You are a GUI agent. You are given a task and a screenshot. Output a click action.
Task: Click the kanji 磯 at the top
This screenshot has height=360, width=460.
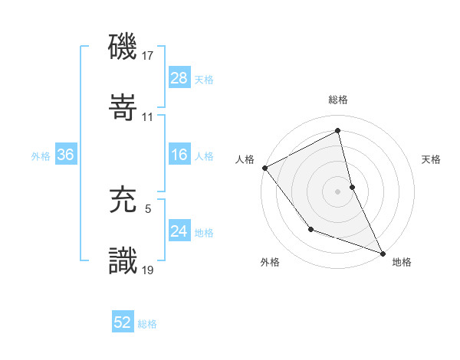point(123,48)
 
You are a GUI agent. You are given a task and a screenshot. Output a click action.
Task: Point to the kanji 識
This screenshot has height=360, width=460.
point(123,260)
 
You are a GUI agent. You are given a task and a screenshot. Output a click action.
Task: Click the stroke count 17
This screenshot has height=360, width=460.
point(148,56)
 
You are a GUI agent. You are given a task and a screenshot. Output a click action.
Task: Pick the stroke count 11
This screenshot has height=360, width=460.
point(148,116)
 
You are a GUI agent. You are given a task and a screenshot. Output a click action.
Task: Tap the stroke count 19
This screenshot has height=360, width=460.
point(148,269)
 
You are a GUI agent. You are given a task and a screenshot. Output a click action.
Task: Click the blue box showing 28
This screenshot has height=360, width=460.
point(179,78)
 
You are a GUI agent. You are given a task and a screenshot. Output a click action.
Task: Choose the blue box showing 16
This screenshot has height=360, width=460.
point(179,155)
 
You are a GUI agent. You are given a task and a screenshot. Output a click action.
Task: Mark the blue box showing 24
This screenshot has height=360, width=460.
point(179,231)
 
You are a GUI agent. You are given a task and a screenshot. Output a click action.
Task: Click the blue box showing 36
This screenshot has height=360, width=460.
point(65,155)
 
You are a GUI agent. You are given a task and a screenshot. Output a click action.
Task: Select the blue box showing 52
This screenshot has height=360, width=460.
point(122,323)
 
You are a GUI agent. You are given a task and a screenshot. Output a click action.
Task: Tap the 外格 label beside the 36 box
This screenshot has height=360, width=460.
point(41,156)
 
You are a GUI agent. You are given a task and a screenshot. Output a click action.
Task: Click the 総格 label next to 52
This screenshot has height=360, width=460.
point(147,324)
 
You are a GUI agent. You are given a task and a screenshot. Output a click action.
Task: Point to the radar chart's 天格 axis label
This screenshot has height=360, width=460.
point(431,159)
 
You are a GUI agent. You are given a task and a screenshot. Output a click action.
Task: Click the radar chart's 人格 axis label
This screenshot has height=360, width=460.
point(244,159)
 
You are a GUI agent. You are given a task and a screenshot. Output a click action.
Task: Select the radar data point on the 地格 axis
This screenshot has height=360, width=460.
point(383,252)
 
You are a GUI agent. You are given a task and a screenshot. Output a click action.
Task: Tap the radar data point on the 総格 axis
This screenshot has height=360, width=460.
point(337,131)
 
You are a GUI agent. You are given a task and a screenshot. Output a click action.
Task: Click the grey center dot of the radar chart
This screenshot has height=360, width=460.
point(337,191)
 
